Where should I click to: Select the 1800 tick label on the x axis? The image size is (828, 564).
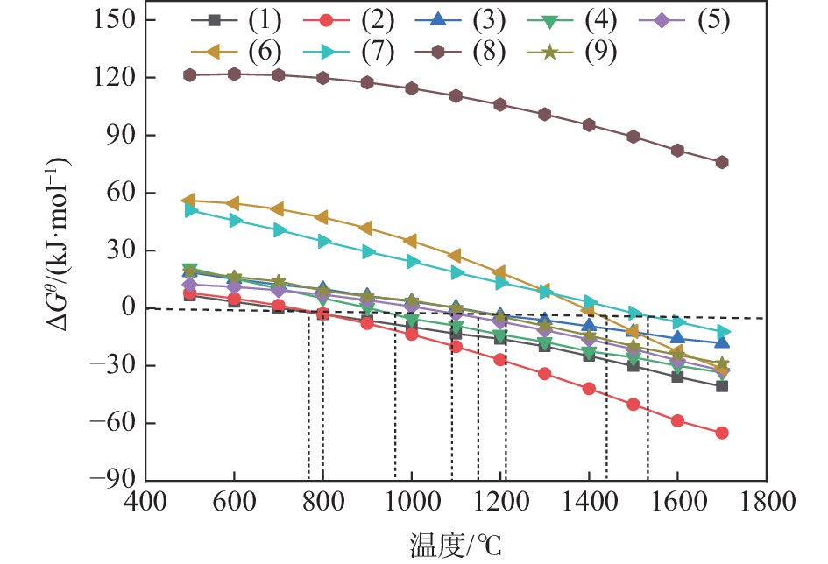766,506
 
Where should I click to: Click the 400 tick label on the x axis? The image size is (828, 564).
145,506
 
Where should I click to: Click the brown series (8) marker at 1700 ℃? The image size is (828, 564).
722,163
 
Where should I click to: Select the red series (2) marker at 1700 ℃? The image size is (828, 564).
722,433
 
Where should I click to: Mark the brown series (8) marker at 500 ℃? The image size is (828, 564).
190,75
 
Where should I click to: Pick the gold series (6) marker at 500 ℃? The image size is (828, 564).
190,201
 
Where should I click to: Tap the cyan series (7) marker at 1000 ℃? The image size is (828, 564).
412,262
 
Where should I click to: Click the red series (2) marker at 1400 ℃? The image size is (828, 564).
589,389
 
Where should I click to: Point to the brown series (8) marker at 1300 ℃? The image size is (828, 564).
545,115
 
